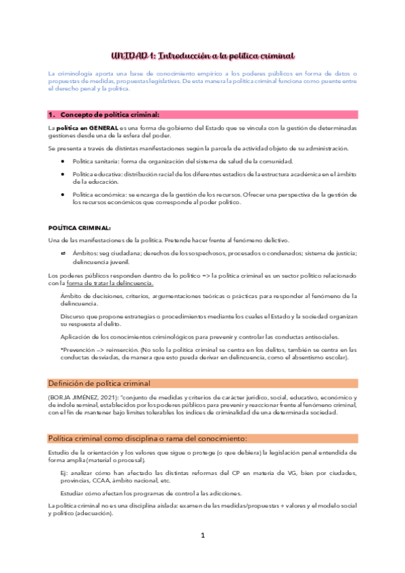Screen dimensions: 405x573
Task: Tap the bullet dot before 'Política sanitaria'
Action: [x=62, y=161]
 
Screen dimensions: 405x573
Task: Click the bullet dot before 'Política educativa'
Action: [x=62, y=174]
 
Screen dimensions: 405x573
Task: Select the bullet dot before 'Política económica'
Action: [x=62, y=194]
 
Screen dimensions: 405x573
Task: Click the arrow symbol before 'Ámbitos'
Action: [x=62, y=253]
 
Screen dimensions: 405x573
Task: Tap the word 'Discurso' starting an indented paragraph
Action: [x=73, y=316]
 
